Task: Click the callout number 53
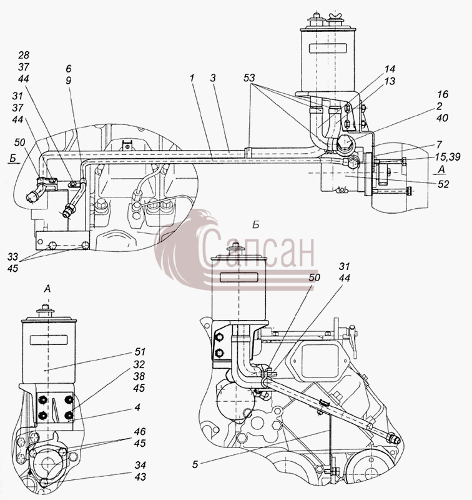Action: click(x=249, y=78)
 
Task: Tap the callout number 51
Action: click(x=140, y=352)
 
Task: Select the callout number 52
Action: click(x=443, y=184)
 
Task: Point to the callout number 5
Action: click(x=195, y=464)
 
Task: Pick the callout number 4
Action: click(x=137, y=407)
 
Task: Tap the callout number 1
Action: click(x=192, y=78)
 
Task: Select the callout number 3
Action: click(x=213, y=78)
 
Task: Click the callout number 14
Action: click(x=390, y=69)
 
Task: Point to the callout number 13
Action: click(x=390, y=81)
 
